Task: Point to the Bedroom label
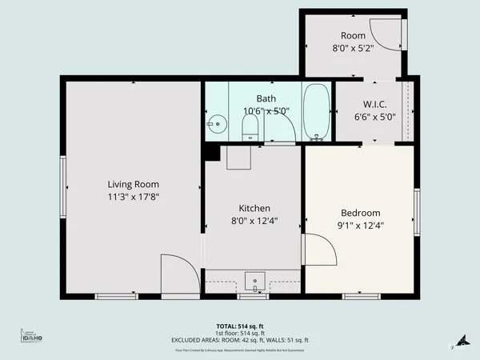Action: (x=361, y=213)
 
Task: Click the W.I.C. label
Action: (x=374, y=103)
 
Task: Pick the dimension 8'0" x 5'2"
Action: (x=353, y=48)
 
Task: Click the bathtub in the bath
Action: (x=317, y=112)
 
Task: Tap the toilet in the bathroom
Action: (x=250, y=126)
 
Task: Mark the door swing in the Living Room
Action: (x=178, y=272)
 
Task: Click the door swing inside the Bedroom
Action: (x=319, y=250)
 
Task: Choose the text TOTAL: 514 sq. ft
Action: (x=240, y=326)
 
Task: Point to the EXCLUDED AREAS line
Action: (x=240, y=340)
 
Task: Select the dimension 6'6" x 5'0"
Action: (x=374, y=115)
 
